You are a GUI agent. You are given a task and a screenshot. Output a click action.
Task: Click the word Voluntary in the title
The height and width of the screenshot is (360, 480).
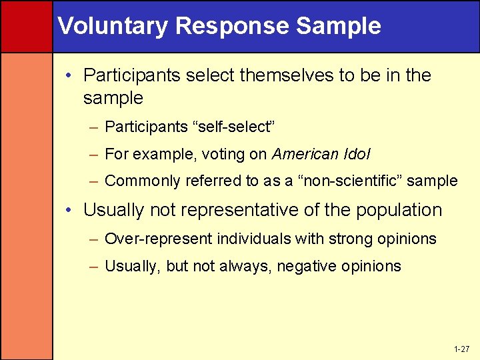pyautogui.click(x=113, y=26)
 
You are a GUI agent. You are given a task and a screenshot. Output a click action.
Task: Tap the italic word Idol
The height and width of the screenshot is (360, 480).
pyautogui.click(x=358, y=154)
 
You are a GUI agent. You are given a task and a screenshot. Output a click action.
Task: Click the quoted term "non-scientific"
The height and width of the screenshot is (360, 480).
pyautogui.click(x=351, y=181)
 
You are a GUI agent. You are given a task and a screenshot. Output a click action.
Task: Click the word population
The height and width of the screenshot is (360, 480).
pyautogui.click(x=399, y=210)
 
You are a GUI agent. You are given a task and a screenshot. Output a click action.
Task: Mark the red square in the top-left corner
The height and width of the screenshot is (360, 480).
pyautogui.click(x=26, y=26)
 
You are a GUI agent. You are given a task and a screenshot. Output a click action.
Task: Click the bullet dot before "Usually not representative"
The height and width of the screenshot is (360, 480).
pyautogui.click(x=69, y=211)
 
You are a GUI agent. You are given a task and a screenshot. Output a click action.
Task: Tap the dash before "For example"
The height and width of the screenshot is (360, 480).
pyautogui.click(x=93, y=155)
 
